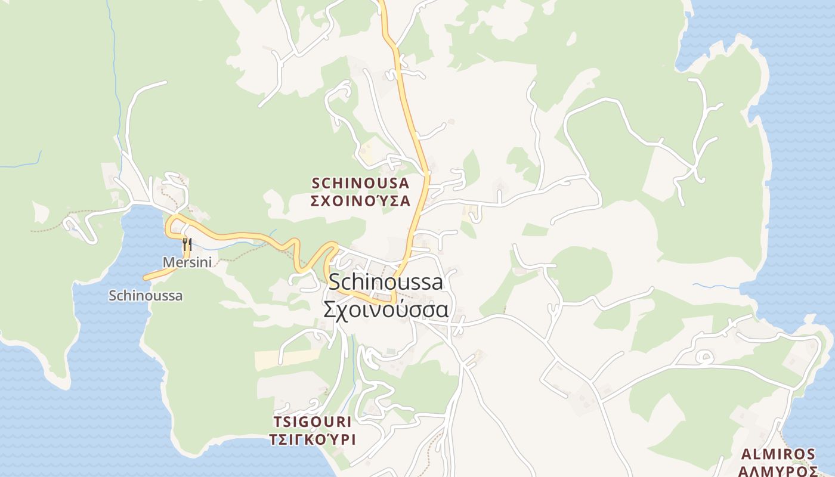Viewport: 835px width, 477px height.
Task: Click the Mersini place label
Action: (187, 262)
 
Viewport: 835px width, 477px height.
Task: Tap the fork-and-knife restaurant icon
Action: (187, 244)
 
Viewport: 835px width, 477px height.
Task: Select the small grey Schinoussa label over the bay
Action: (146, 296)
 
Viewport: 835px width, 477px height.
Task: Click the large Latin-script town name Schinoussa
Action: (386, 282)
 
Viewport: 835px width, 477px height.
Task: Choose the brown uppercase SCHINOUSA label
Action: (361, 183)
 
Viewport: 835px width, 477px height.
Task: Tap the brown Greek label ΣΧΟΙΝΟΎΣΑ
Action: (361, 201)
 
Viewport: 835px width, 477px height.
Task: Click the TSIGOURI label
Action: (313, 422)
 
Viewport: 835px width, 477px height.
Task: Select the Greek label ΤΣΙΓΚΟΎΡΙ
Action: (313, 440)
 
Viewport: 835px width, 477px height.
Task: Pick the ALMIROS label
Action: (778, 454)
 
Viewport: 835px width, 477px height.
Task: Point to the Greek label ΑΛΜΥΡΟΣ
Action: (778, 471)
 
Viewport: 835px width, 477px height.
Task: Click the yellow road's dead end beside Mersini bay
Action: (146, 277)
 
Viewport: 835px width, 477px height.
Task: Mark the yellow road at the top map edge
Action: (381, 2)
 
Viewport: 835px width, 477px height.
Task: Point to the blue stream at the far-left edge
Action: (18, 165)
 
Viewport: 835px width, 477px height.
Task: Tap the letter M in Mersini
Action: (168, 262)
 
